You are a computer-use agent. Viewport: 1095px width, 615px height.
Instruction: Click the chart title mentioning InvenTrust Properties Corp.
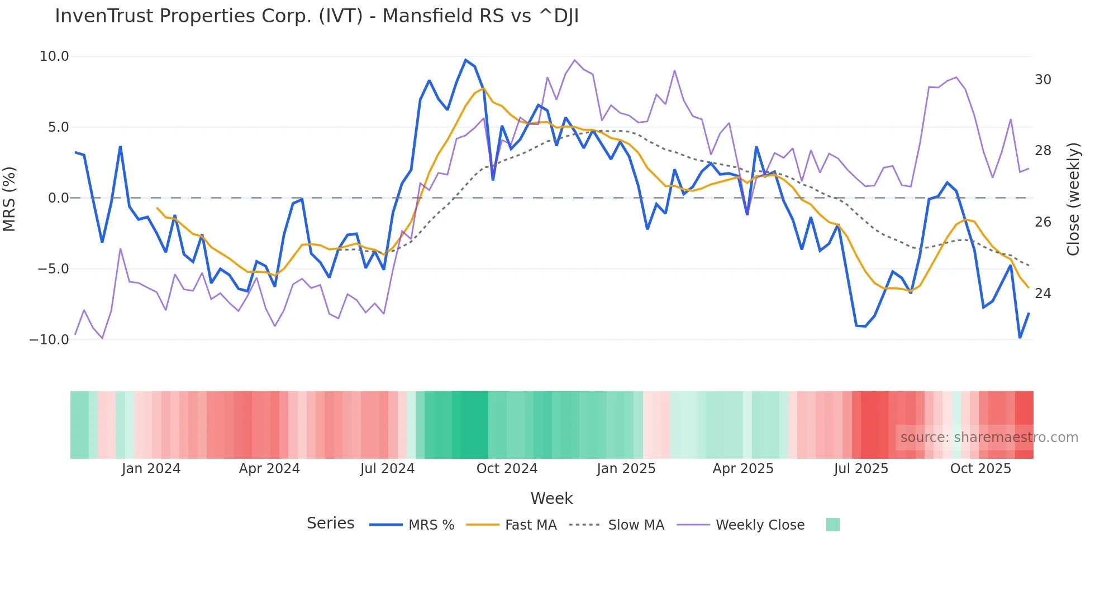click(x=317, y=16)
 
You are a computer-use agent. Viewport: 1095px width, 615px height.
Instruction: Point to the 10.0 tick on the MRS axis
click(x=54, y=56)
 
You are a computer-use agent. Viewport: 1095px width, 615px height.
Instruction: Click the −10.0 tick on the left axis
click(x=49, y=339)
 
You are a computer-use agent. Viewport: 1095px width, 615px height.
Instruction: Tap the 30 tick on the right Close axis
click(x=1042, y=80)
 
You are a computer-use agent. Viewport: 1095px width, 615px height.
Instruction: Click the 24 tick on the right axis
click(x=1042, y=294)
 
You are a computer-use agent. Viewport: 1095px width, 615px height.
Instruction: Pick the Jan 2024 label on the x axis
click(x=151, y=469)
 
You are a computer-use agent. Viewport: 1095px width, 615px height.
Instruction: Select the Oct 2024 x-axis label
click(x=507, y=469)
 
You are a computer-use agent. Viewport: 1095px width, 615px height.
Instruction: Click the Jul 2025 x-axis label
click(x=861, y=469)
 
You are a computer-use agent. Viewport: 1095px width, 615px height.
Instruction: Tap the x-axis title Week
click(x=551, y=498)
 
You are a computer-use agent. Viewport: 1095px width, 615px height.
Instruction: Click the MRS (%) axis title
click(x=9, y=199)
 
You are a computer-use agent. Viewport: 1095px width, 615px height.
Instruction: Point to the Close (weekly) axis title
click(x=1073, y=199)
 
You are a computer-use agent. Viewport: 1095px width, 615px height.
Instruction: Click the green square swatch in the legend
click(x=832, y=525)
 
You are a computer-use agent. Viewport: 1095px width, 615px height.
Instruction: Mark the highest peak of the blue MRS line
click(x=465, y=60)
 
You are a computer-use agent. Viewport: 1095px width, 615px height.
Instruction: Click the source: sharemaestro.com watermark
click(x=989, y=438)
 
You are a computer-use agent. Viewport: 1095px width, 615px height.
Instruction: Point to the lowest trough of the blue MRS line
click(x=1020, y=338)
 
